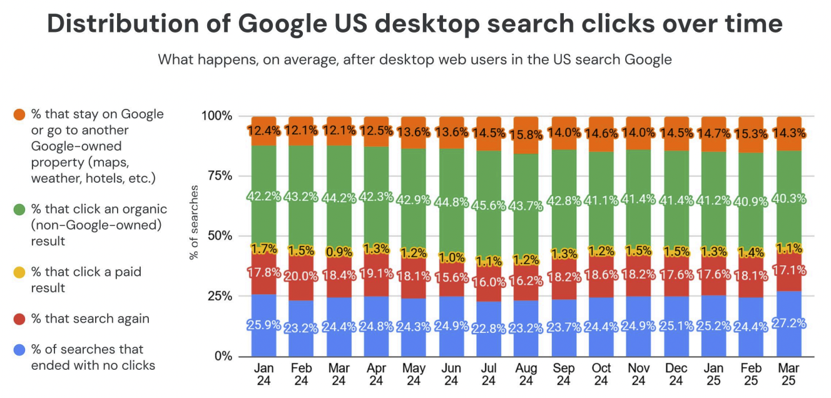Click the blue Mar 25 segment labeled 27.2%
click(788, 324)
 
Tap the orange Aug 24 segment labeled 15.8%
click(526, 134)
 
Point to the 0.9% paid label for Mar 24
click(339, 252)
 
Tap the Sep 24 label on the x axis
click(564, 374)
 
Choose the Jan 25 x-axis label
click(713, 374)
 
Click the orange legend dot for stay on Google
click(19, 115)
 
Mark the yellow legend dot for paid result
click(19, 272)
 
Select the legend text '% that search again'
click(90, 319)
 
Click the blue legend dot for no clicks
click(19, 350)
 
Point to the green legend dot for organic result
click(19, 210)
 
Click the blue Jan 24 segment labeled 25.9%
click(263, 325)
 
